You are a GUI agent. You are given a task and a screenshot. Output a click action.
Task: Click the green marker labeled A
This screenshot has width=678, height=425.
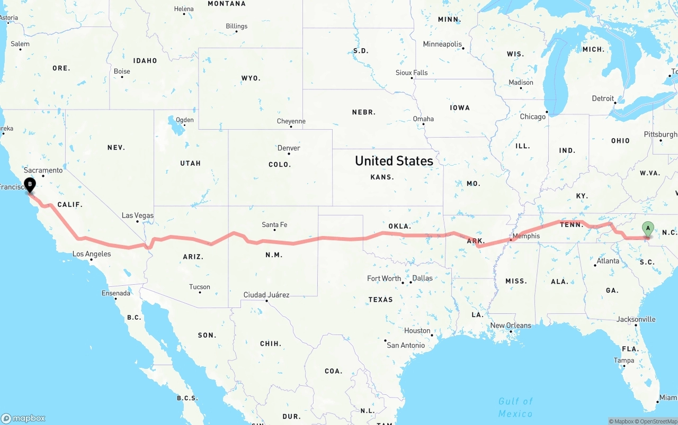[647, 229]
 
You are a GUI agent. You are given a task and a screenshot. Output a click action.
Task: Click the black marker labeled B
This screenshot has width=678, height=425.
[30, 186]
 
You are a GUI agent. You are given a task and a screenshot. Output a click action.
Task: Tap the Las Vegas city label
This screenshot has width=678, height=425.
[137, 215]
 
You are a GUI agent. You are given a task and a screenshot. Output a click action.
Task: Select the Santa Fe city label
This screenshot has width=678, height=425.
[274, 225]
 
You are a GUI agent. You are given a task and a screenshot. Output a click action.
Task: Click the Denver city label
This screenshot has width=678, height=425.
[289, 148]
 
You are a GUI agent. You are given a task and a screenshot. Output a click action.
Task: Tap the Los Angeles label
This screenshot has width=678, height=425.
[92, 254]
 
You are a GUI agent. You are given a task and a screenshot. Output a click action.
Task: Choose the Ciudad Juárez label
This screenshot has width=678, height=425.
[266, 295]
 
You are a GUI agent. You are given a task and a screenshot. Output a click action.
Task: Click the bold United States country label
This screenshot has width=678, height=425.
[394, 161]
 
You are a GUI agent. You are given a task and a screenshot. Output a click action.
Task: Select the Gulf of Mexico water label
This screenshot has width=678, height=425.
[515, 407]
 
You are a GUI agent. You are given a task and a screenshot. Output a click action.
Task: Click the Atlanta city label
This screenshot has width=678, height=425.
[608, 261]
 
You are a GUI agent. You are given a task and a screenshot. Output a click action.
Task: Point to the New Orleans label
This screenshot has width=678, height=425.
[511, 325]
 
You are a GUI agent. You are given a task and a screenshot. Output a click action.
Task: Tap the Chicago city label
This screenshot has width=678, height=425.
[532, 116]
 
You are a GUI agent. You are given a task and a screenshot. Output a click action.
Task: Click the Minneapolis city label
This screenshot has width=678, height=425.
[442, 44]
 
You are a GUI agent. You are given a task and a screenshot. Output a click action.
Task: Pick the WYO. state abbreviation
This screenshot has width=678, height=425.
[251, 78]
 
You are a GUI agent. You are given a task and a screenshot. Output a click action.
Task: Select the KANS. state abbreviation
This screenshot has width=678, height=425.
[382, 177]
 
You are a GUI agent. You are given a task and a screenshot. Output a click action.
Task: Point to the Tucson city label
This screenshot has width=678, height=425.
[200, 287]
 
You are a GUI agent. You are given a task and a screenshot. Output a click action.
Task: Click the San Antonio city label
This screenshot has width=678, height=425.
[406, 345]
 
